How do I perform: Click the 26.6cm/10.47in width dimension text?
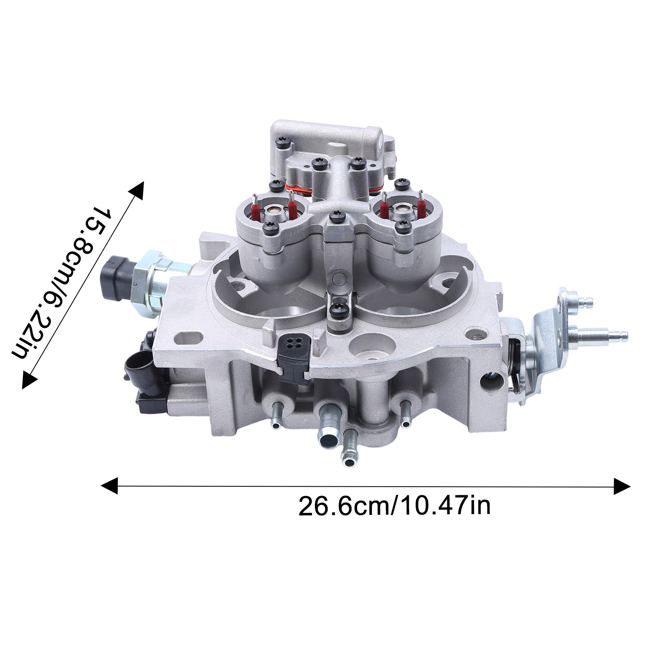click(394, 506)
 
